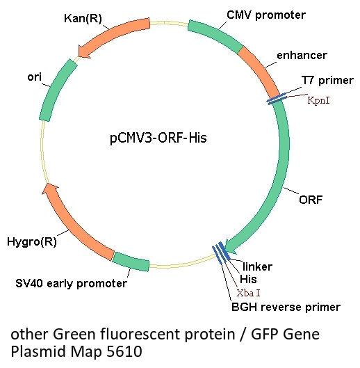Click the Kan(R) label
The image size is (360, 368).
click(x=83, y=18)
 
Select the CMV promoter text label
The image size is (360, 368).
click(x=266, y=15)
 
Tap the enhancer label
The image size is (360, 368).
click(x=302, y=56)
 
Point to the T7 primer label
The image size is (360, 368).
click(x=327, y=81)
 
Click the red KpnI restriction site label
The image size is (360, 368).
click(x=318, y=100)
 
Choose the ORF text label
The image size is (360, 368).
click(x=311, y=200)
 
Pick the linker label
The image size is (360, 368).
click(x=257, y=266)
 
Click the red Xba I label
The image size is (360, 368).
click(x=248, y=293)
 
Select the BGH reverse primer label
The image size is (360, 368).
click(x=286, y=307)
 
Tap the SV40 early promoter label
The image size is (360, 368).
click(x=72, y=283)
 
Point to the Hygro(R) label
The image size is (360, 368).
click(x=32, y=241)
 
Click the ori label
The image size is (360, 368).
click(x=35, y=77)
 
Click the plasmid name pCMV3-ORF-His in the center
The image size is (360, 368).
click(x=158, y=138)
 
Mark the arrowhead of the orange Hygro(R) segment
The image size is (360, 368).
click(x=50, y=189)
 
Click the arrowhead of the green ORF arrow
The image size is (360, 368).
click(x=229, y=246)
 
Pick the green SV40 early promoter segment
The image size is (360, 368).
click(x=131, y=261)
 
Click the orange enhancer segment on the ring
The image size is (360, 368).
click(x=261, y=71)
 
